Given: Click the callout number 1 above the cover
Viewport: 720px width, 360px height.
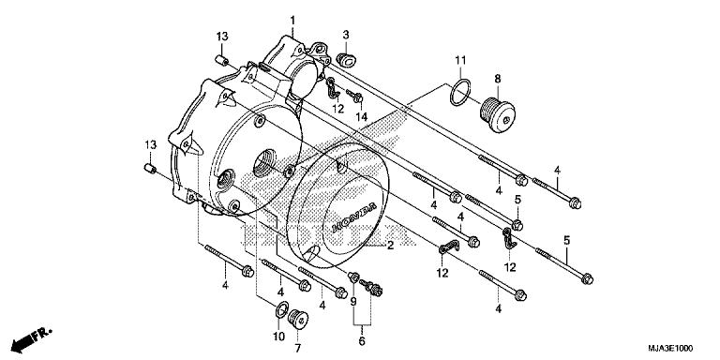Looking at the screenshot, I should tap(292, 21).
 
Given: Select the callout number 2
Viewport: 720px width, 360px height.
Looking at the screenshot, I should tap(390, 246).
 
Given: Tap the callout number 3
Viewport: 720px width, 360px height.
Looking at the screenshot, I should tap(345, 35).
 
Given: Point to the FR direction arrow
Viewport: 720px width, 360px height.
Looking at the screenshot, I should tap(34, 335).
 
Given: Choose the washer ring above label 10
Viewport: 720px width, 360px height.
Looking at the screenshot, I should tap(279, 310).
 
